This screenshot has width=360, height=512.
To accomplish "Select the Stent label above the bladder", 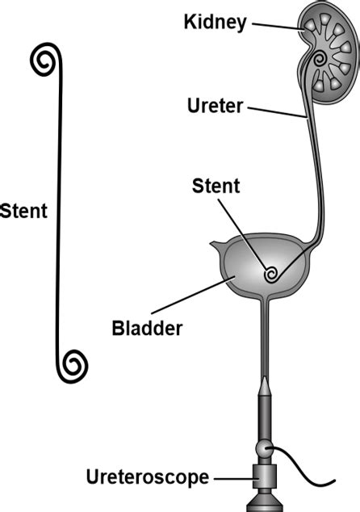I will (x=216, y=187).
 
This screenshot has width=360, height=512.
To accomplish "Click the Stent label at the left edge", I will (x=23, y=212).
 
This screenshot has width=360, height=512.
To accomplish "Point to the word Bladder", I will (x=148, y=329).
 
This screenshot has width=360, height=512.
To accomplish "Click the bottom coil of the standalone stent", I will (x=75, y=365).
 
